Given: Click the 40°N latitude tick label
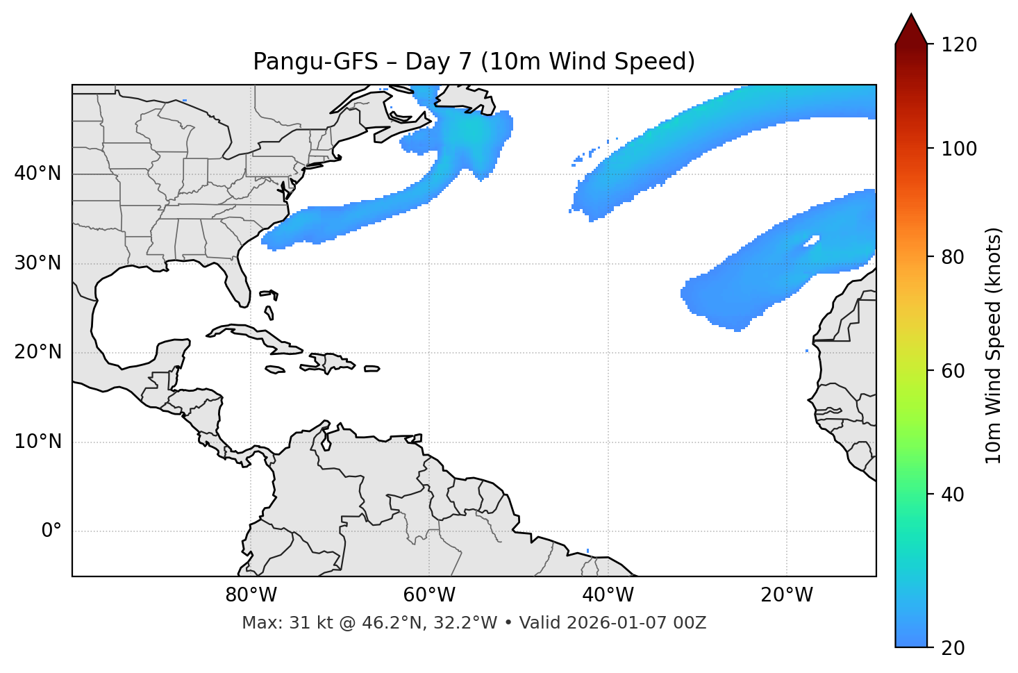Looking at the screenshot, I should (37, 174).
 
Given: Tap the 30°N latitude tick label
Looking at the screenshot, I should (37, 263).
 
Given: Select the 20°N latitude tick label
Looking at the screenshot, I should (37, 352).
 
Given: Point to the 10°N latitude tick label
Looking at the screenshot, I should (37, 442).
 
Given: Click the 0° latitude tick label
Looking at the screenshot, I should (51, 531).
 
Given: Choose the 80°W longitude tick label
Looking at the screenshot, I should (251, 595).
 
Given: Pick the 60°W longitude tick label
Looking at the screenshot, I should (429, 595).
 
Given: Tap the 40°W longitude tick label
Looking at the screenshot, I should (608, 595).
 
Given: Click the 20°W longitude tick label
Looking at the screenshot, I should (787, 595).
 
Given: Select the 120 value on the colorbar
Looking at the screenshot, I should (960, 45).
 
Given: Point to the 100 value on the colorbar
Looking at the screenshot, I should (960, 149).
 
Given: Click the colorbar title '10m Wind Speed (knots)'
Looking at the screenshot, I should (994, 345).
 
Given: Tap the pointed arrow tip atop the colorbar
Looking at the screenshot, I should (911, 17).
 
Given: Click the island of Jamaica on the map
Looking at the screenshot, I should (276, 369).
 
